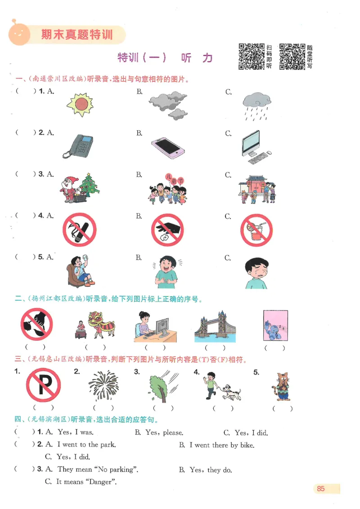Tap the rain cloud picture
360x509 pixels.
[x=256, y=106]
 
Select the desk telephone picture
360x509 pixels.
[x=78, y=146]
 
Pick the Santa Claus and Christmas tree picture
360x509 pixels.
[x=80, y=187]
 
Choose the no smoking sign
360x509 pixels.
[x=80, y=230]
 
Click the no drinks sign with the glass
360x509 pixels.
[x=256, y=230]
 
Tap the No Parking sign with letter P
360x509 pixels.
[x=43, y=385]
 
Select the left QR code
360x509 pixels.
[x=251, y=56]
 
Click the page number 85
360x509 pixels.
[x=321, y=489]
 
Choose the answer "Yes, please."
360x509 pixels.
[x=164, y=433]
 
